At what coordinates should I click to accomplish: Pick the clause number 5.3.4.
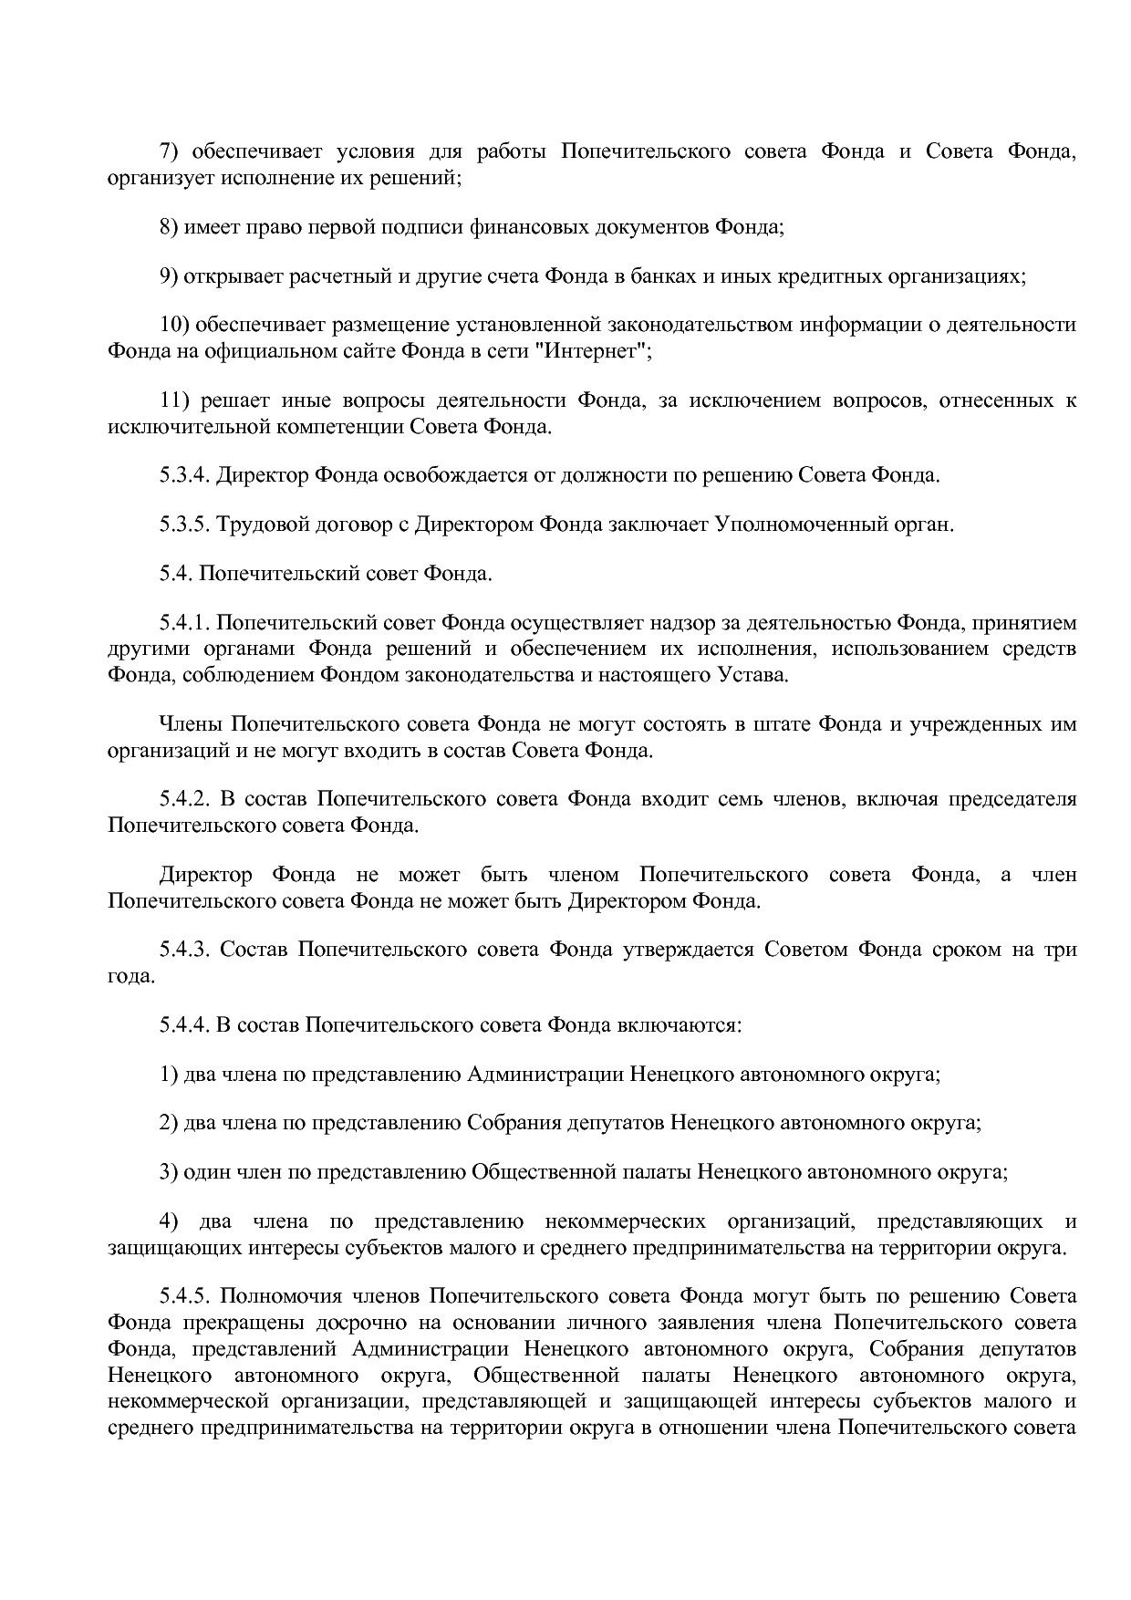(x=184, y=475)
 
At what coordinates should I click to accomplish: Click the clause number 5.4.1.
(x=184, y=623)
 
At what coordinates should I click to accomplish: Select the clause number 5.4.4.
(x=184, y=1024)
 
